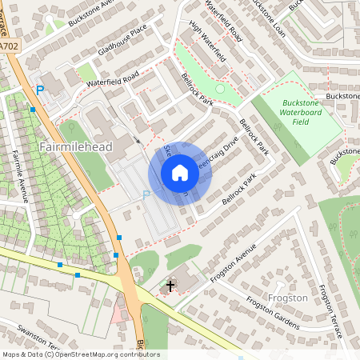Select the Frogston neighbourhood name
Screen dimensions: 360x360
tap(288, 298)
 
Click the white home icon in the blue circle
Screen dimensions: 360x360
tap(180, 173)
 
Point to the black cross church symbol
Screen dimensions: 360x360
tap(170, 285)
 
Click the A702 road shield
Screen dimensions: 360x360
tap(9, 47)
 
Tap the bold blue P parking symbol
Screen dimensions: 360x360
tap(39, 91)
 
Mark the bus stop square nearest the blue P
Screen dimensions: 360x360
tap(33, 109)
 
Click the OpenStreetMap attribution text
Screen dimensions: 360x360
tap(81, 354)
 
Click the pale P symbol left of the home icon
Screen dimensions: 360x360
tap(146, 194)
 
